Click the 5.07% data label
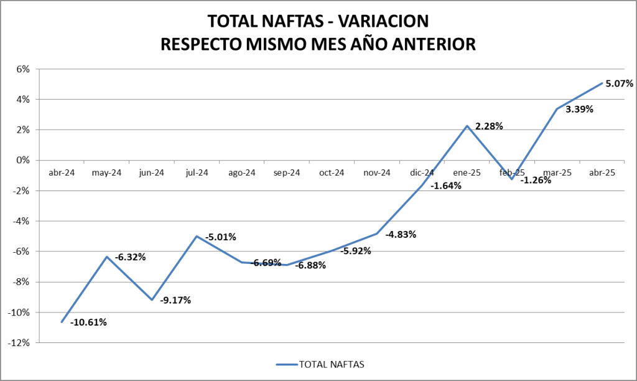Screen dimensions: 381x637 pyautogui.click(x=618, y=83)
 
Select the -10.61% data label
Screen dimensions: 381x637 pyautogui.click(x=88, y=322)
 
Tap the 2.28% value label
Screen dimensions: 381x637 pyautogui.click(x=489, y=126)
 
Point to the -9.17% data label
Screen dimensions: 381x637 pyautogui.click(x=175, y=300)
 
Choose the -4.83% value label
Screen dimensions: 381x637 pyautogui.click(x=401, y=235)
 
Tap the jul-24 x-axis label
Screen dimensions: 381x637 pyautogui.click(x=197, y=173)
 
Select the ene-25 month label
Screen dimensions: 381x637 pyautogui.click(x=467, y=173)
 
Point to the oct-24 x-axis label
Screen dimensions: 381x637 pyautogui.click(x=332, y=173)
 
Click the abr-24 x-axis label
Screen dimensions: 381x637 pyautogui.click(x=62, y=173)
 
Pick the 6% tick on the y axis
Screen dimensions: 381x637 pyautogui.click(x=22, y=69)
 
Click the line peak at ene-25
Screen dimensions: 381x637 pyautogui.click(x=467, y=126)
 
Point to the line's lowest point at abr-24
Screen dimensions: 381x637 pyautogui.click(x=62, y=322)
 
